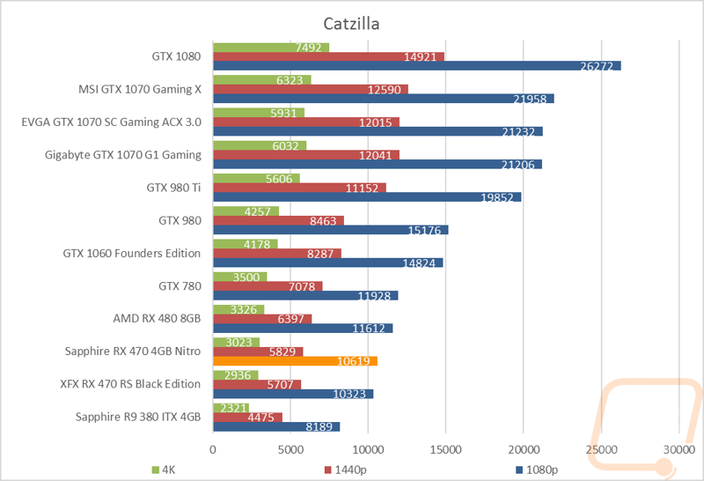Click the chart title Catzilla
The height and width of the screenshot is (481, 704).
(351, 24)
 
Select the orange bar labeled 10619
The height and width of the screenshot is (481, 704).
(296, 361)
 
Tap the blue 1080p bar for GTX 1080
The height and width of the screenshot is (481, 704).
(417, 66)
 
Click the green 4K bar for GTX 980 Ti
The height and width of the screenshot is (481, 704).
(256, 179)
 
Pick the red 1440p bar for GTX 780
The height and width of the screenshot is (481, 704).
(268, 286)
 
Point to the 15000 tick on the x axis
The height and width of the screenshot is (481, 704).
(445, 450)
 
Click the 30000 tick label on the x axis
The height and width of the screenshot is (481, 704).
(678, 450)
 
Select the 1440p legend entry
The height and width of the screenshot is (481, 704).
(345, 470)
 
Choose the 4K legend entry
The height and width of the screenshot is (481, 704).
(164, 470)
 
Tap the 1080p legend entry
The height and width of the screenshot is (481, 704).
(537, 470)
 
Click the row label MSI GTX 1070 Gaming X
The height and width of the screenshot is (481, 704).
(140, 90)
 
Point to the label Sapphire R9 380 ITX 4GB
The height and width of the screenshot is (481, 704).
(138, 418)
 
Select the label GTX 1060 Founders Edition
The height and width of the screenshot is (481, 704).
(131, 254)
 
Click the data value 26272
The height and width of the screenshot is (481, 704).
(597, 67)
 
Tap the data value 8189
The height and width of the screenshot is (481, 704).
(319, 426)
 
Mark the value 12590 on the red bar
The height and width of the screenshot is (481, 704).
(385, 90)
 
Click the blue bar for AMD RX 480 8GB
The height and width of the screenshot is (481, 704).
(303, 329)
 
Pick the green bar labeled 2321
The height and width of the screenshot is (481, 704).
(231, 408)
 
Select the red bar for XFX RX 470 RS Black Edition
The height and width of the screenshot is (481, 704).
(257, 384)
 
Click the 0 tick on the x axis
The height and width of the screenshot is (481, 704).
(213, 450)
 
